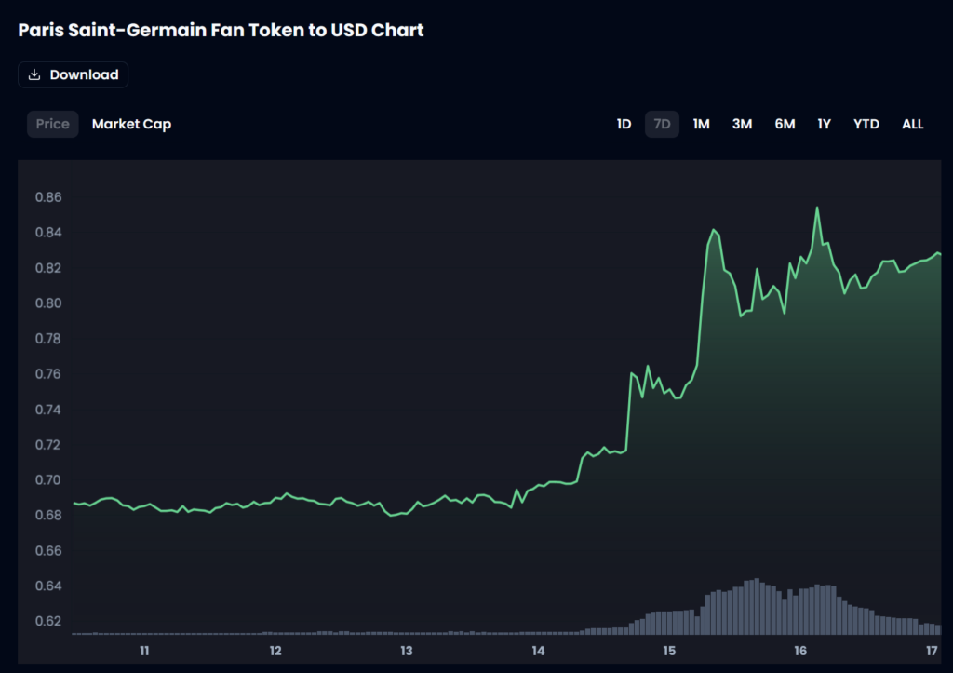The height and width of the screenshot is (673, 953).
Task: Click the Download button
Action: (73, 74)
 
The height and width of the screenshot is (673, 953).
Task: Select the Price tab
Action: (52, 124)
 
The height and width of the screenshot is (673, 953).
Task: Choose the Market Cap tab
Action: (131, 124)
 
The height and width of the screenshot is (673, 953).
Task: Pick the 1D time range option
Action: (624, 124)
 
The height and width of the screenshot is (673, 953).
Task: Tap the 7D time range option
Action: (662, 124)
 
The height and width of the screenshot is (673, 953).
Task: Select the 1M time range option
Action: (701, 124)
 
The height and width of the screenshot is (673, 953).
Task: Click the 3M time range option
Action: (742, 124)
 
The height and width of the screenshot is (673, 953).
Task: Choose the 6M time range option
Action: (785, 124)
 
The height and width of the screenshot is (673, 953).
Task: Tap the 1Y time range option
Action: (824, 124)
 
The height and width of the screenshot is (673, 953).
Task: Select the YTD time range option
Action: (866, 124)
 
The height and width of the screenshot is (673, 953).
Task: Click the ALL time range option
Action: (912, 124)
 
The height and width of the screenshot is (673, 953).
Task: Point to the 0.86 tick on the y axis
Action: (48, 197)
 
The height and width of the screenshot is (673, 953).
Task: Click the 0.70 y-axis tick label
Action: (48, 480)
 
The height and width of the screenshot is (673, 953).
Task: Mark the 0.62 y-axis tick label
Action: (48, 621)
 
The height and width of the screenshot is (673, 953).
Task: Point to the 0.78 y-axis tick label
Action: (48, 339)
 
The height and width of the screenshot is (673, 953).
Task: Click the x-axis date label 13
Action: (407, 651)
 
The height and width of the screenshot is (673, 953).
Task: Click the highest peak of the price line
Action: (817, 208)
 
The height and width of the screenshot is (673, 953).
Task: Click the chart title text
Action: (221, 30)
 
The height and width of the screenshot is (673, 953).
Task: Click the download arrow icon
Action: (34, 74)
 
